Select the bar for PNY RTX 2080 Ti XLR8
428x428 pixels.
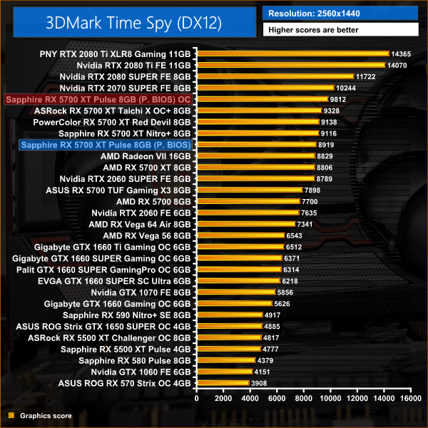(292, 53)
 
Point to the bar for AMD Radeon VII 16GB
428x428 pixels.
(255, 156)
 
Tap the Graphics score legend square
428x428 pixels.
(11, 415)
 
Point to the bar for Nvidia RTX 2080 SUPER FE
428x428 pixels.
(274, 76)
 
